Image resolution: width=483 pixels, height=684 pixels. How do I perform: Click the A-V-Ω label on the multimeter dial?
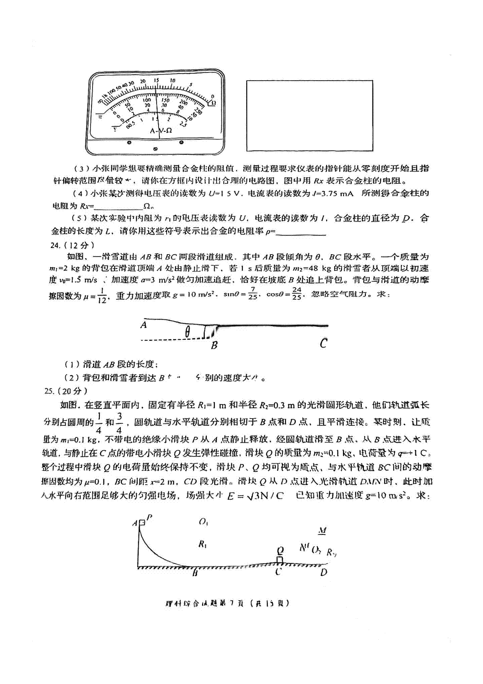(161, 131)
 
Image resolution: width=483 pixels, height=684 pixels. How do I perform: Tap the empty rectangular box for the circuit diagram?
(310, 116)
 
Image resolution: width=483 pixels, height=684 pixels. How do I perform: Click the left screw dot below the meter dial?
(129, 142)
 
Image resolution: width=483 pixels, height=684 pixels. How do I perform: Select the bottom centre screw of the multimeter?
(156, 149)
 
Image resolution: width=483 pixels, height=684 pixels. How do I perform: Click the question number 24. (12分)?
(72, 245)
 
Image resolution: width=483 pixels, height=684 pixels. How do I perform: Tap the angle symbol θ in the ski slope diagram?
(188, 332)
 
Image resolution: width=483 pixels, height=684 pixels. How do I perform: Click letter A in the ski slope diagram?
(144, 325)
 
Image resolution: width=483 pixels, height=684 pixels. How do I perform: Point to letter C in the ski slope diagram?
(323, 344)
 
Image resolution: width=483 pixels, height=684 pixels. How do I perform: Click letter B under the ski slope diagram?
(214, 345)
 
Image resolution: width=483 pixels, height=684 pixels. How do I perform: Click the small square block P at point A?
(142, 523)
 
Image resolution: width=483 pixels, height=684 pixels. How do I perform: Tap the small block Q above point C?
(280, 560)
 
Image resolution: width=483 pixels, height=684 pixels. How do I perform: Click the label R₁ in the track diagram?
(202, 545)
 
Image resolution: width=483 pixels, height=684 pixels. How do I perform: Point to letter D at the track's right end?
(324, 572)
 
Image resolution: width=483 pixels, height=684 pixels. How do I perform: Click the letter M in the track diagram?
(322, 531)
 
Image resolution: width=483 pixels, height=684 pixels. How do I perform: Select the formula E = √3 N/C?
(255, 496)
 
